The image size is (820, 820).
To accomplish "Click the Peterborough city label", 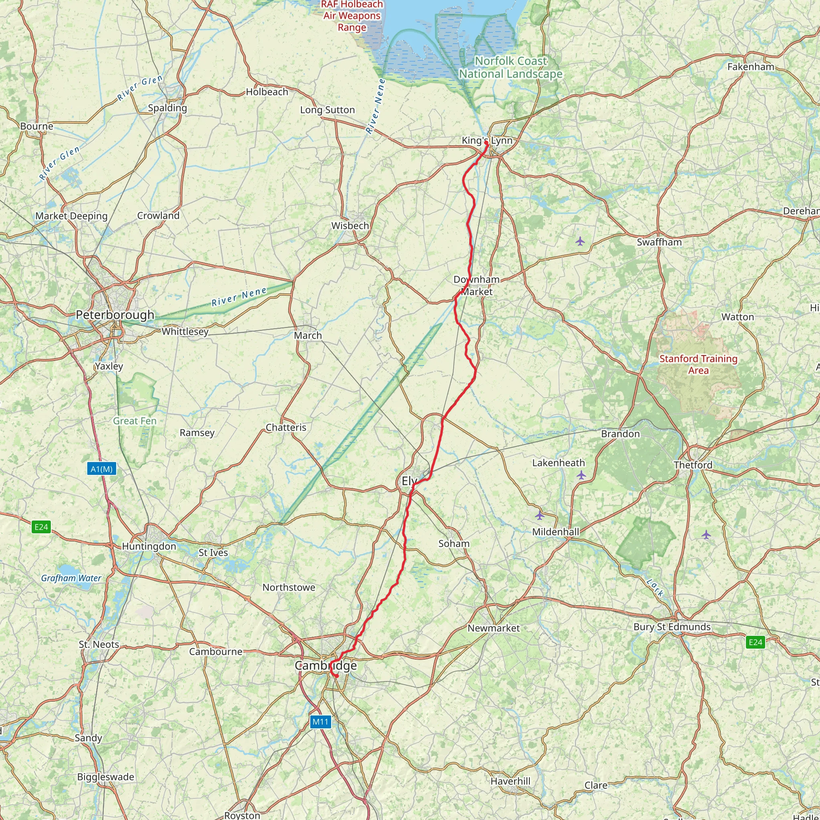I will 115,315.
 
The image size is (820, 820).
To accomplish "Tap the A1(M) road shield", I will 102,469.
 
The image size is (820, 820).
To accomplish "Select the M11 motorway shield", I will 320,722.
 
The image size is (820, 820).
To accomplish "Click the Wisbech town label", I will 350,226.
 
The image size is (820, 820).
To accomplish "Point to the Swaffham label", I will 659,242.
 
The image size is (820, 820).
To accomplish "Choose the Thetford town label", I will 693,465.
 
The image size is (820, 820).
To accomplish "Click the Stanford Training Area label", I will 698,365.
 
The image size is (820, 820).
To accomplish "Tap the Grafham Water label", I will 71,578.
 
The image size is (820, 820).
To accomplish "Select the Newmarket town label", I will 494,628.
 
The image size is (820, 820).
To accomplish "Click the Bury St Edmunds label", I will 672,627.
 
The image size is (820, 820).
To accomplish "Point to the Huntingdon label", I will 149,546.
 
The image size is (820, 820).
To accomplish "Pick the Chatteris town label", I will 286,427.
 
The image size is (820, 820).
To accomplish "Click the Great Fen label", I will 135,421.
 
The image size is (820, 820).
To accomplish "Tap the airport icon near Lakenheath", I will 581,475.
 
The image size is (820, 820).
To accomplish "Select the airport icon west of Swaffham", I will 580,241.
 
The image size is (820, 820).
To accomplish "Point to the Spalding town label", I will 167,108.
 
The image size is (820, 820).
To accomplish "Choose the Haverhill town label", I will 510,781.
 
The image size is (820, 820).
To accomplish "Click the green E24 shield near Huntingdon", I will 41,527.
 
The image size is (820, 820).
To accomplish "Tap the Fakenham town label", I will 751,66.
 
